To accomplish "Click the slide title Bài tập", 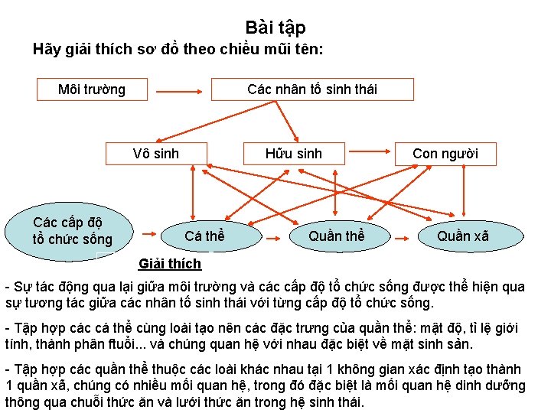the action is [x=275, y=28].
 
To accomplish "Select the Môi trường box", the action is [x=93, y=89].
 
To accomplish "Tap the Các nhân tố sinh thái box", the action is [x=312, y=89].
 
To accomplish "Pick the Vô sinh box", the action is [x=155, y=154].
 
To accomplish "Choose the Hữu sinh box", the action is [x=294, y=154].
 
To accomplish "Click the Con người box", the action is [x=445, y=154].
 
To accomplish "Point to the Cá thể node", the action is [x=204, y=236].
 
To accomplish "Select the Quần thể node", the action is [x=336, y=236].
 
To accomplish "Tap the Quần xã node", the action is [x=462, y=236].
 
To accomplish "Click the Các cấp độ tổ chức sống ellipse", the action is [x=73, y=231].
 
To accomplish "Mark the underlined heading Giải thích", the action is [x=170, y=265].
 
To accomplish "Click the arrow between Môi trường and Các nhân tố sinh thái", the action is [x=179, y=89].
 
